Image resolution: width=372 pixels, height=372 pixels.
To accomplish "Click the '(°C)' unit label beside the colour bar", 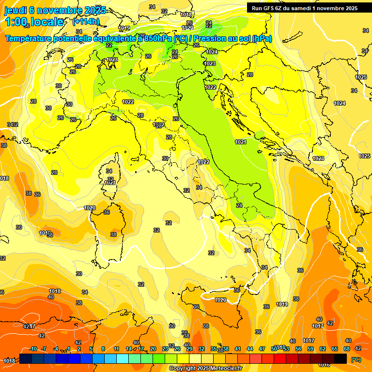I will pos(356,359).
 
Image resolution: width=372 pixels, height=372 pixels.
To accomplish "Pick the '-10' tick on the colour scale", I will pos(33,349).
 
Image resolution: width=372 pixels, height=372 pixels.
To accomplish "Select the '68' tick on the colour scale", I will pos(347,349).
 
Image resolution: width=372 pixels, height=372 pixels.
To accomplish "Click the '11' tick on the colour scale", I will pos(116,349).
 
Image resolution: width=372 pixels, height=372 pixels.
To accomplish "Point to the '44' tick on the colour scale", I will pos(250,349).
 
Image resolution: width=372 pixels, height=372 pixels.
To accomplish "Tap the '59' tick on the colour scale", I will pos(310,349).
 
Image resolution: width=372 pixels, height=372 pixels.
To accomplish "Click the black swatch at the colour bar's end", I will pos(341,358).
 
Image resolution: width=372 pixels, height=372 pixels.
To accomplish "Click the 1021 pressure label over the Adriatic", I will pos(241,142).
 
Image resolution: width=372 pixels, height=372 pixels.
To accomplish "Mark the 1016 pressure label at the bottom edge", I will pos(324,365).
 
